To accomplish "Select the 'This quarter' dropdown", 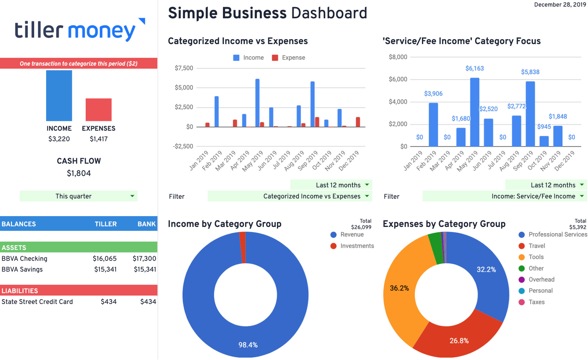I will (x=79, y=196).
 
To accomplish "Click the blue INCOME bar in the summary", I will (x=59, y=96).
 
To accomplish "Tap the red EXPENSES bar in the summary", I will (x=99, y=110).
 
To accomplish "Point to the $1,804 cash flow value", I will (x=79, y=174).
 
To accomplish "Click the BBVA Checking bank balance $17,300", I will (x=144, y=259).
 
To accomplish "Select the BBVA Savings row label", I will (x=22, y=269).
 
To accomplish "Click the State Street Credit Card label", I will (x=37, y=302).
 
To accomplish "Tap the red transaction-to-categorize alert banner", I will (x=79, y=64).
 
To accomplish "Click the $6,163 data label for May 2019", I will (x=474, y=69).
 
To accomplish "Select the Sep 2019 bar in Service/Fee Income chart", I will (x=530, y=114).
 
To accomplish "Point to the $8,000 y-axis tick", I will (x=398, y=57).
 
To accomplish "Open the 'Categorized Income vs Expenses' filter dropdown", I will (x=290, y=196).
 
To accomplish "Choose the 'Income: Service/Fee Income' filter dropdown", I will (x=505, y=196).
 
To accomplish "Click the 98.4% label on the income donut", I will (x=248, y=345).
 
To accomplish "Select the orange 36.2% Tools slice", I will (x=399, y=288).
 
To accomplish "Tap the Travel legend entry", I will (x=536, y=246).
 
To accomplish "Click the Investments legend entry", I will (x=356, y=246).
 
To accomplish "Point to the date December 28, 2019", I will (x=560, y=5).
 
